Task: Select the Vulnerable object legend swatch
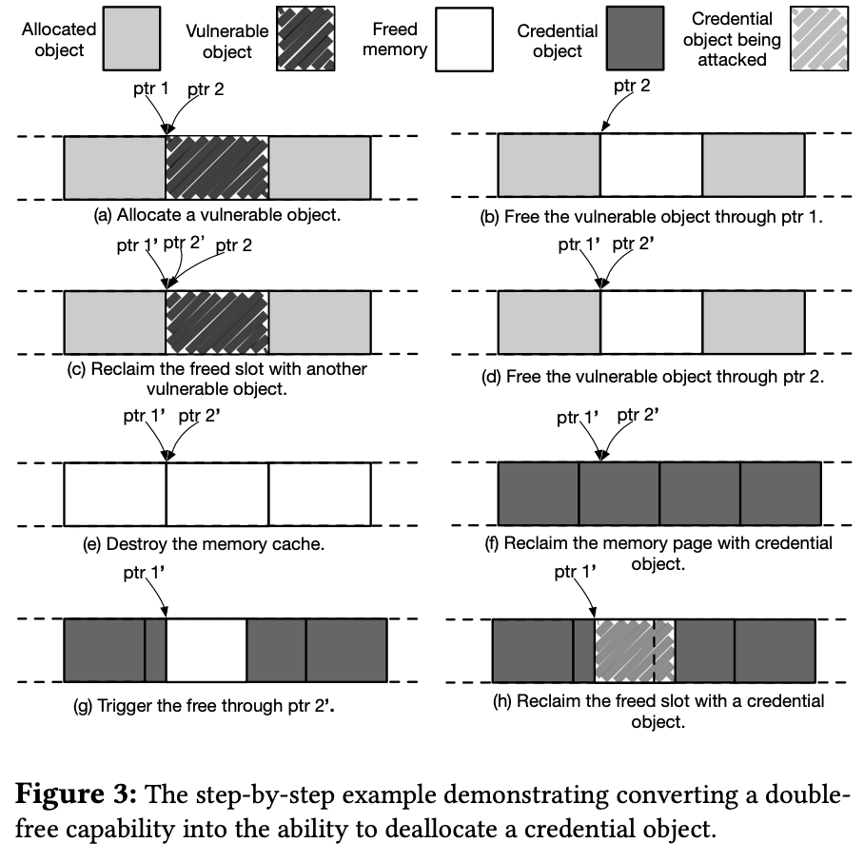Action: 305,41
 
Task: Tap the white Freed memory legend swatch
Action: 463,41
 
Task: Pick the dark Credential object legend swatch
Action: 635,41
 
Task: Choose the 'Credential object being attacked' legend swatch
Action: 822,41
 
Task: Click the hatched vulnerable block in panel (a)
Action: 217,167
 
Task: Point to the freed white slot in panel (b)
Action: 652,167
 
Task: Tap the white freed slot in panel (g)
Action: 206,650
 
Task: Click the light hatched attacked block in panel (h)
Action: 634,650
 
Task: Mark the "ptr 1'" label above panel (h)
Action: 577,572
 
